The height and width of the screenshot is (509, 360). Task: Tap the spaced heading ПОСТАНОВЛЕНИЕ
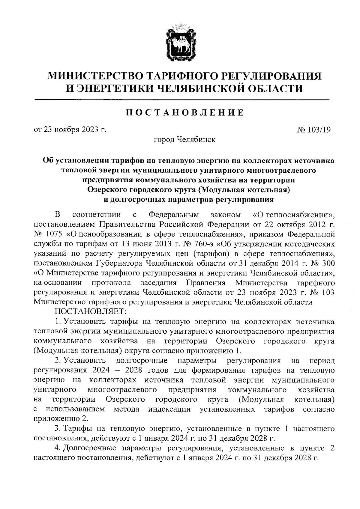[x=184, y=112]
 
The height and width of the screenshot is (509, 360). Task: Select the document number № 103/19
[x=314, y=130]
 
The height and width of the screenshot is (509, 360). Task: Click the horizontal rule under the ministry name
[x=182, y=99]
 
